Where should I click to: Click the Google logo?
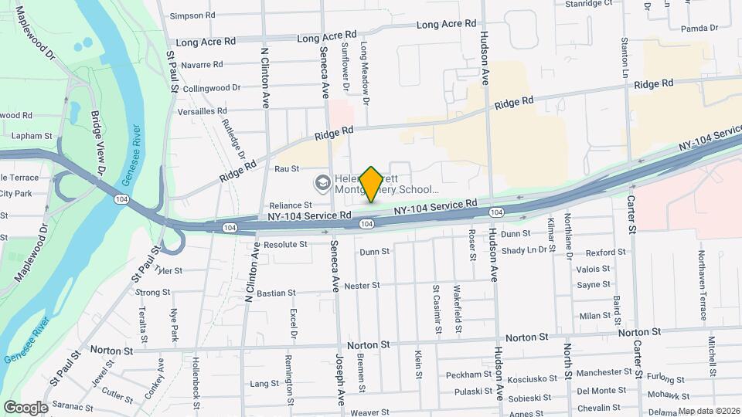(26, 407)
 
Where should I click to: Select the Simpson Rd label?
(192, 15)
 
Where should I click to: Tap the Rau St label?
(286, 168)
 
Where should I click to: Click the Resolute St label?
(285, 244)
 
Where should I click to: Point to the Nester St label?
(362, 285)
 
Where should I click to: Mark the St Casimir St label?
(437, 309)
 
